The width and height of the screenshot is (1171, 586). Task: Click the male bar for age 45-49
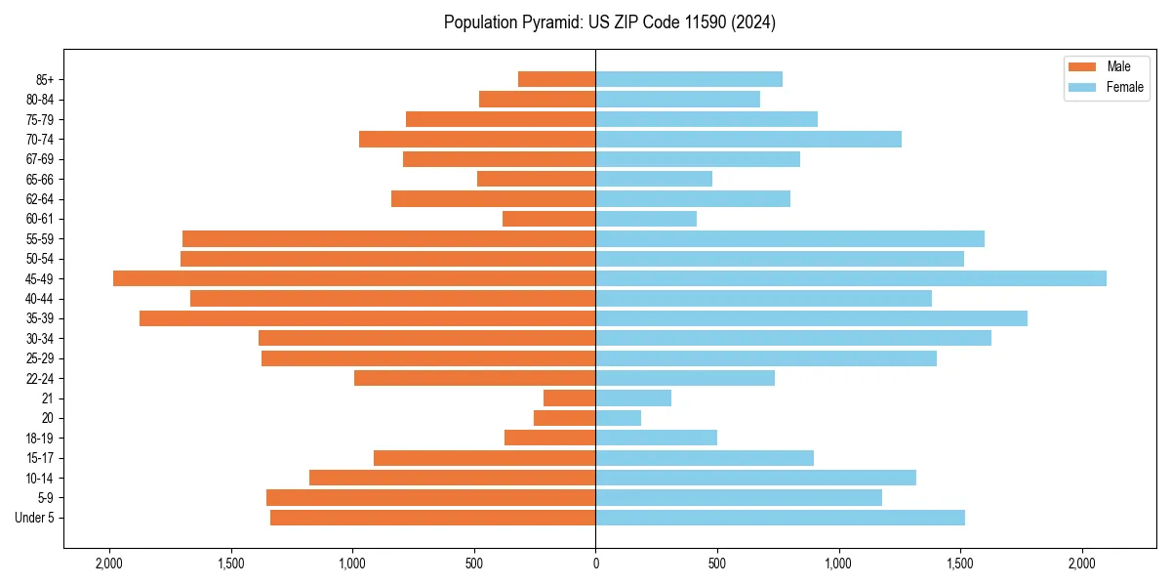[354, 278]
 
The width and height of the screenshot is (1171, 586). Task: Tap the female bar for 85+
[689, 79]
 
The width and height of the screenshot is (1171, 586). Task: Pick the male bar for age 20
[565, 418]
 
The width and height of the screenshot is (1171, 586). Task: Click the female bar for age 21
[633, 398]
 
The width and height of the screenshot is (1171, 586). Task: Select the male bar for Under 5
[433, 518]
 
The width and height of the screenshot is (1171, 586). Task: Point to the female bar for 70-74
[748, 139]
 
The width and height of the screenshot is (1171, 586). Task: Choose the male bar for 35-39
[368, 318]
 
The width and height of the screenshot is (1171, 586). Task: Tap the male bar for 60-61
[549, 219]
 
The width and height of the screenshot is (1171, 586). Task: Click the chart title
[610, 22]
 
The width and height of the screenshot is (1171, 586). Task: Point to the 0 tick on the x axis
[595, 564]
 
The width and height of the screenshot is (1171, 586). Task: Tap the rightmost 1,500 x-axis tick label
[960, 564]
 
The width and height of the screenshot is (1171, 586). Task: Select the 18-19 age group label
[39, 438]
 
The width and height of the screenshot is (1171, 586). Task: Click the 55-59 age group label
[39, 238]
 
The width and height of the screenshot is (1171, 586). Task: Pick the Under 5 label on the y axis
[34, 518]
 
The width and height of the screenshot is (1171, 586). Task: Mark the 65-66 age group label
[39, 179]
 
